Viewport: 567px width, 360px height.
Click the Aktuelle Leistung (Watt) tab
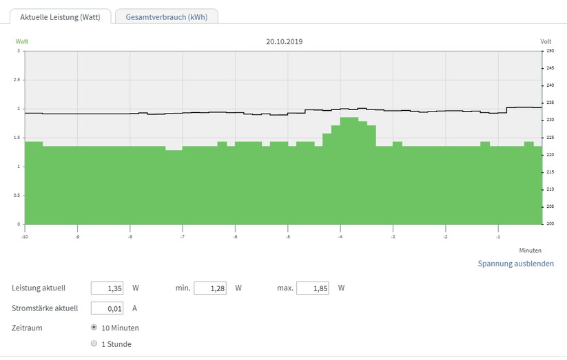coord(60,17)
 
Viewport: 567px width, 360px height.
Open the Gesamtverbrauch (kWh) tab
coord(166,17)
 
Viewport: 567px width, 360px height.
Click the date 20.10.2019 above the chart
coord(285,41)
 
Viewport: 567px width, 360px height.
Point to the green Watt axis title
coord(21,41)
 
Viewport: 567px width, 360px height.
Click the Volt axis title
coord(546,41)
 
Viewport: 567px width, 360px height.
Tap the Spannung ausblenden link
coord(515,264)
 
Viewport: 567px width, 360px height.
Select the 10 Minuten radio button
coord(94,327)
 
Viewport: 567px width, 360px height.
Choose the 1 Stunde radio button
coord(94,343)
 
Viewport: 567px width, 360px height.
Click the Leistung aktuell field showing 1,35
coord(107,288)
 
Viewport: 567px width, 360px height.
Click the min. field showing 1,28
coord(210,288)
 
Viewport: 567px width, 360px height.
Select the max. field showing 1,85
coord(313,288)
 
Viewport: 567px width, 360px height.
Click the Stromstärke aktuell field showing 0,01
coord(107,308)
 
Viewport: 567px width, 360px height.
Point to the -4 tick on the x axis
coord(340,237)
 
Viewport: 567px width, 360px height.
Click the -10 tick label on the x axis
coord(25,237)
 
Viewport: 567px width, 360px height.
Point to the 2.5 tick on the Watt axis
coord(17,80)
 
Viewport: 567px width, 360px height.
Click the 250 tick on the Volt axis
coord(550,51)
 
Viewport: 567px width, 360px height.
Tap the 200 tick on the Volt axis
coord(550,224)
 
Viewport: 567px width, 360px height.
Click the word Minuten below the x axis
coord(530,251)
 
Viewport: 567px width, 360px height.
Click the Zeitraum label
coord(27,328)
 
